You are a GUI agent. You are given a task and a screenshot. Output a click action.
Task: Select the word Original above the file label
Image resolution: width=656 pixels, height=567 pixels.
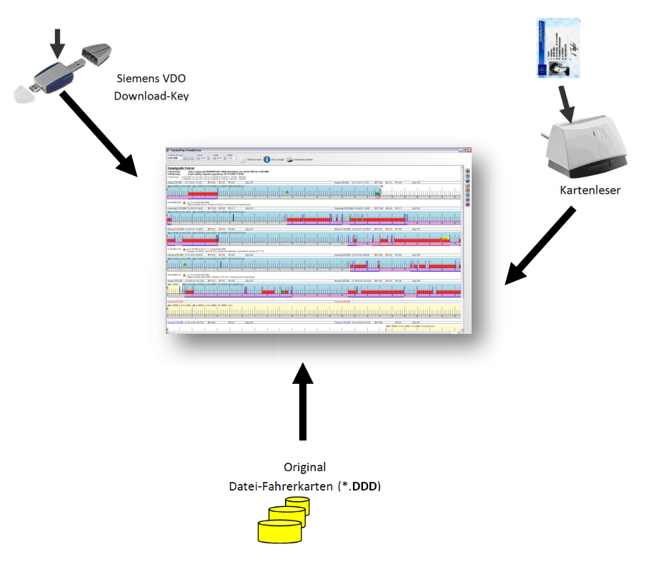pos(304,468)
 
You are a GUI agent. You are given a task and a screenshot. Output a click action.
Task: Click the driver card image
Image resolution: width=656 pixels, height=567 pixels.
pos(557,48)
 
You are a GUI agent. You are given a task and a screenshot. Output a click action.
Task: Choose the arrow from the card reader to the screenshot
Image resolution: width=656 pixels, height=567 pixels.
pos(540,247)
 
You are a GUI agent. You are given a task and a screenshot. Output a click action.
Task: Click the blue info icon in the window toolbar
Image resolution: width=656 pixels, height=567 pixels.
pos(267,160)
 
